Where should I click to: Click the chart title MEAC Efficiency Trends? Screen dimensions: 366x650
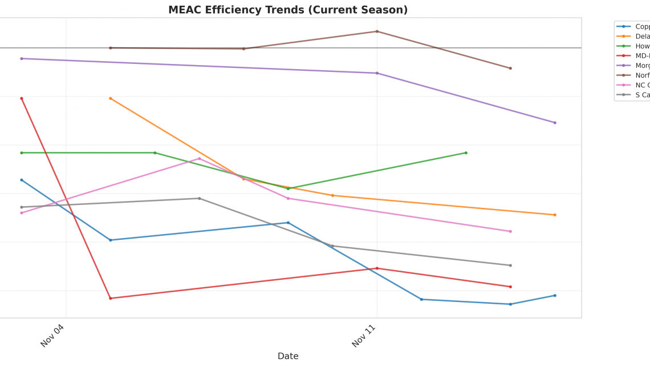[x=288, y=10]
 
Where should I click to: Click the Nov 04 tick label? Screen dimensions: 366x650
[x=52, y=335]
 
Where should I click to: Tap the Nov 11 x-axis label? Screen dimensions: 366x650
[x=363, y=335]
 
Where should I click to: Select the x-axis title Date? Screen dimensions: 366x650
[x=288, y=356]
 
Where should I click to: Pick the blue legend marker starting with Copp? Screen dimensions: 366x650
[x=623, y=26]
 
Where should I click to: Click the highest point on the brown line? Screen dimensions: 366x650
[x=377, y=31]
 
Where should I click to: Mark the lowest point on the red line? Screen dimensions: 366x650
[x=111, y=298]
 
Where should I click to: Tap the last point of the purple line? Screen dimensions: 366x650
[x=555, y=123]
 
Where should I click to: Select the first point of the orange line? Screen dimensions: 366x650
[x=111, y=98]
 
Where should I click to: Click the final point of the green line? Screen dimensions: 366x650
[x=466, y=152]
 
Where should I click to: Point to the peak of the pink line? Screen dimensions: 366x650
[x=199, y=158]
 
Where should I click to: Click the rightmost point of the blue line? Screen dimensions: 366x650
[x=555, y=295]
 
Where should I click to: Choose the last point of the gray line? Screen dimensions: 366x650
[x=510, y=265]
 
